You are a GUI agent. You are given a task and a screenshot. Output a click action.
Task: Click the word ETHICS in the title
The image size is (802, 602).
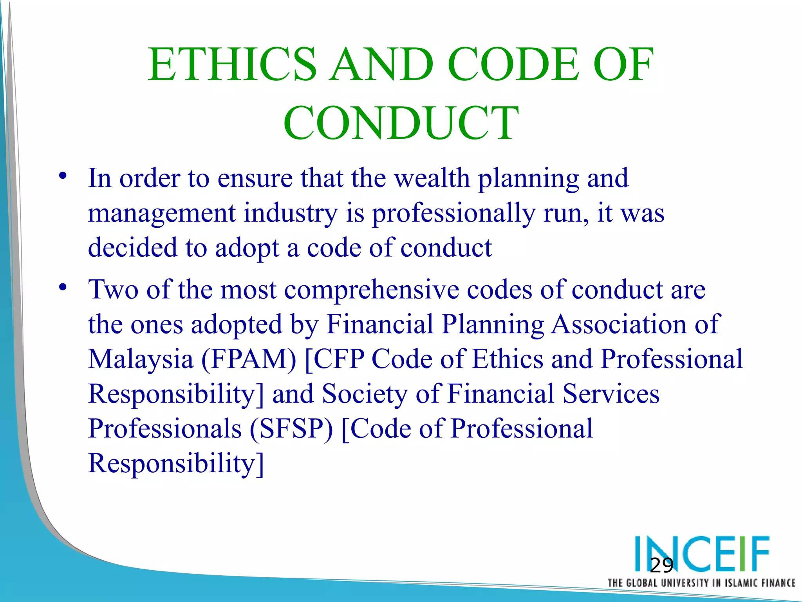[232, 65]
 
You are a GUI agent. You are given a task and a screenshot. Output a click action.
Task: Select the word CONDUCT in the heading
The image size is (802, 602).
[401, 123]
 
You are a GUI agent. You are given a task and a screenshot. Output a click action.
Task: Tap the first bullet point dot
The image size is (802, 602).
[63, 176]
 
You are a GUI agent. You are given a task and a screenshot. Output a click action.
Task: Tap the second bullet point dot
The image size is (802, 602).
[63, 287]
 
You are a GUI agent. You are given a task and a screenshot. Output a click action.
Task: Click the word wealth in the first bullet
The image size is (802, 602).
[432, 178]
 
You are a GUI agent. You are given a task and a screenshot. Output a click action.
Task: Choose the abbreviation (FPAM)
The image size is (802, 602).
[249, 359]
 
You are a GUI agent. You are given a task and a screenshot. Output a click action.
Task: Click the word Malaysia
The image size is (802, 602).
[141, 359]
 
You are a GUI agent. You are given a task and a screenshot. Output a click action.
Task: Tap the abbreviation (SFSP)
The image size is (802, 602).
[291, 429]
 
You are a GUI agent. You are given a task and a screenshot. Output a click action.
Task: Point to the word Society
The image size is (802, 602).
[365, 394]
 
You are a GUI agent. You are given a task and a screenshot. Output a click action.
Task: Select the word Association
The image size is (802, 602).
[619, 325]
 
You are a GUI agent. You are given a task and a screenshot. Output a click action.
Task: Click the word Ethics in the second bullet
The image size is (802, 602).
[508, 359]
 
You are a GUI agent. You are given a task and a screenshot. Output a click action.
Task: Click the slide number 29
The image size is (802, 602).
[661, 566]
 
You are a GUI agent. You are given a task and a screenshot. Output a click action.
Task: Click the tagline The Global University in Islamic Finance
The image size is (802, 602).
[701, 583]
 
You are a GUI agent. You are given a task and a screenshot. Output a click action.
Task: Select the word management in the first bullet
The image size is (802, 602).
[162, 214]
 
